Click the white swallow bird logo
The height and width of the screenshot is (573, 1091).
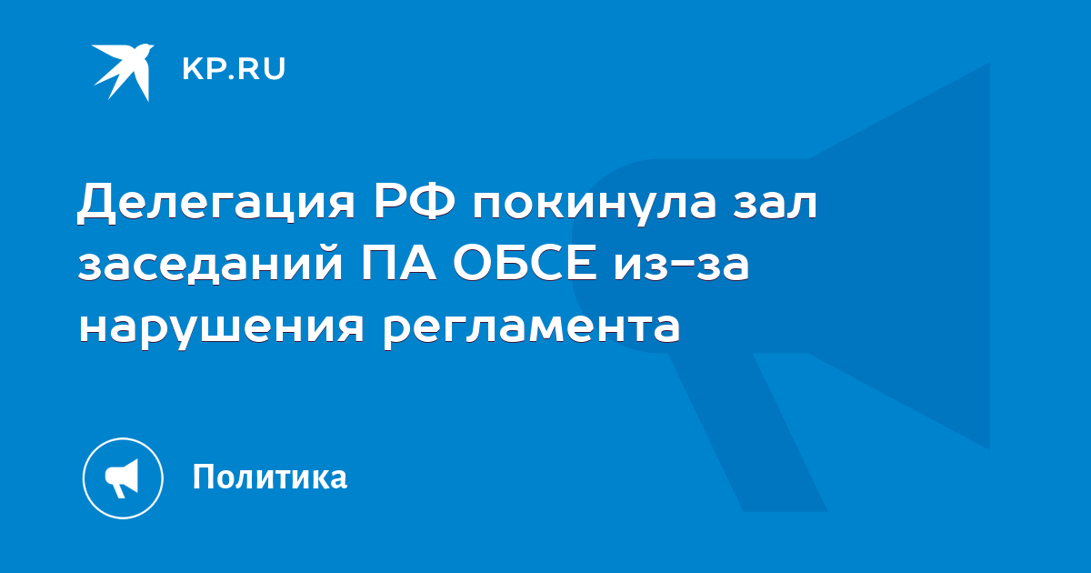(123, 72)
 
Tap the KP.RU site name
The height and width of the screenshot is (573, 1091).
(234, 69)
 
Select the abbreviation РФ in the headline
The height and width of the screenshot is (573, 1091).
(415, 201)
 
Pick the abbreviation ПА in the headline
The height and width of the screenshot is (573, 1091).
(398, 263)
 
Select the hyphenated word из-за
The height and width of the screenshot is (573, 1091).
(681, 266)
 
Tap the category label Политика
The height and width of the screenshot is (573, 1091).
(270, 477)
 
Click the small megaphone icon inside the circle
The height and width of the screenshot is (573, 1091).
(122, 478)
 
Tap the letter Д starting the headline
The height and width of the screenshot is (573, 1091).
(96, 204)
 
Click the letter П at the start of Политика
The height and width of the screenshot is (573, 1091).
(204, 477)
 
